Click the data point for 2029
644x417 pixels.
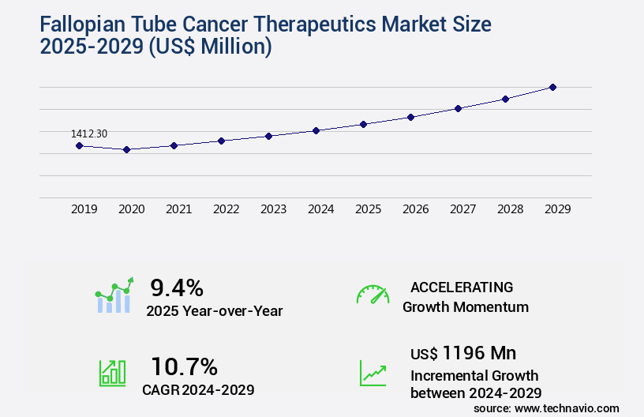[x=552, y=87]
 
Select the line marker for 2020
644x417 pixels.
[x=126, y=149]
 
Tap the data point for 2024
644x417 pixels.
[x=316, y=130]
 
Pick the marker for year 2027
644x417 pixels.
[x=458, y=108]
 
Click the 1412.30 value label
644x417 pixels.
[x=88, y=134]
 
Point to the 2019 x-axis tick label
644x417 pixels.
[x=84, y=209]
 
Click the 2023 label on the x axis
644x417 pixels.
[x=274, y=209]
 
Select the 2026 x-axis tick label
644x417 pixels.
[x=416, y=209]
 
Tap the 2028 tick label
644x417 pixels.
[x=511, y=209]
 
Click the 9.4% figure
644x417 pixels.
[x=177, y=287]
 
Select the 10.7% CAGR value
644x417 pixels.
[x=184, y=366]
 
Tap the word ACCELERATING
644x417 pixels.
[x=462, y=287]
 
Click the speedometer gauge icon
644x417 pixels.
[x=373, y=295]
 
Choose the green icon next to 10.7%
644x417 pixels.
[x=112, y=373]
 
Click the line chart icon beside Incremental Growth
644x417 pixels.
[x=373, y=373]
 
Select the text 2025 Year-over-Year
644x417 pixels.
[x=214, y=311]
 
